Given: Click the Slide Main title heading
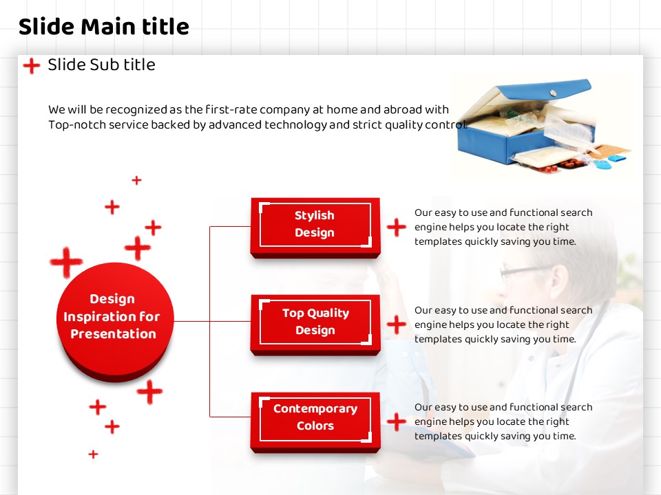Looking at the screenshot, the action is pos(104,27).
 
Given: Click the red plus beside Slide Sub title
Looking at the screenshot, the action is pos(32,66).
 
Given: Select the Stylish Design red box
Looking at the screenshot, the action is pos(315,227).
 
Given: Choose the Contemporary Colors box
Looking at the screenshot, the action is pos(315,421).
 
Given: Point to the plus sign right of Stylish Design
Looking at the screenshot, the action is pos(397,228).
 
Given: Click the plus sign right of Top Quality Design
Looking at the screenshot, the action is pos(397,324).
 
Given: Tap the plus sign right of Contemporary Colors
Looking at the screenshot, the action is pos(397,421).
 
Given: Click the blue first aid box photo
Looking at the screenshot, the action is pos(544,125).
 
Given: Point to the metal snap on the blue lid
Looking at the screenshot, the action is pos(554,93).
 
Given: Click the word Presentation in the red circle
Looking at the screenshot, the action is pos(114,334).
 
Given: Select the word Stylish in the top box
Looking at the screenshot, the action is pos(315,215).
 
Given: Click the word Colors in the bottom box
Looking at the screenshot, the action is pos(315,426).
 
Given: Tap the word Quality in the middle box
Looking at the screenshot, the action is pos(328,313).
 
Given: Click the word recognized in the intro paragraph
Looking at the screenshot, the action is pos(136,110).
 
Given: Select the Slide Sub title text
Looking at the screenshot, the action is pos(102,65).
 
